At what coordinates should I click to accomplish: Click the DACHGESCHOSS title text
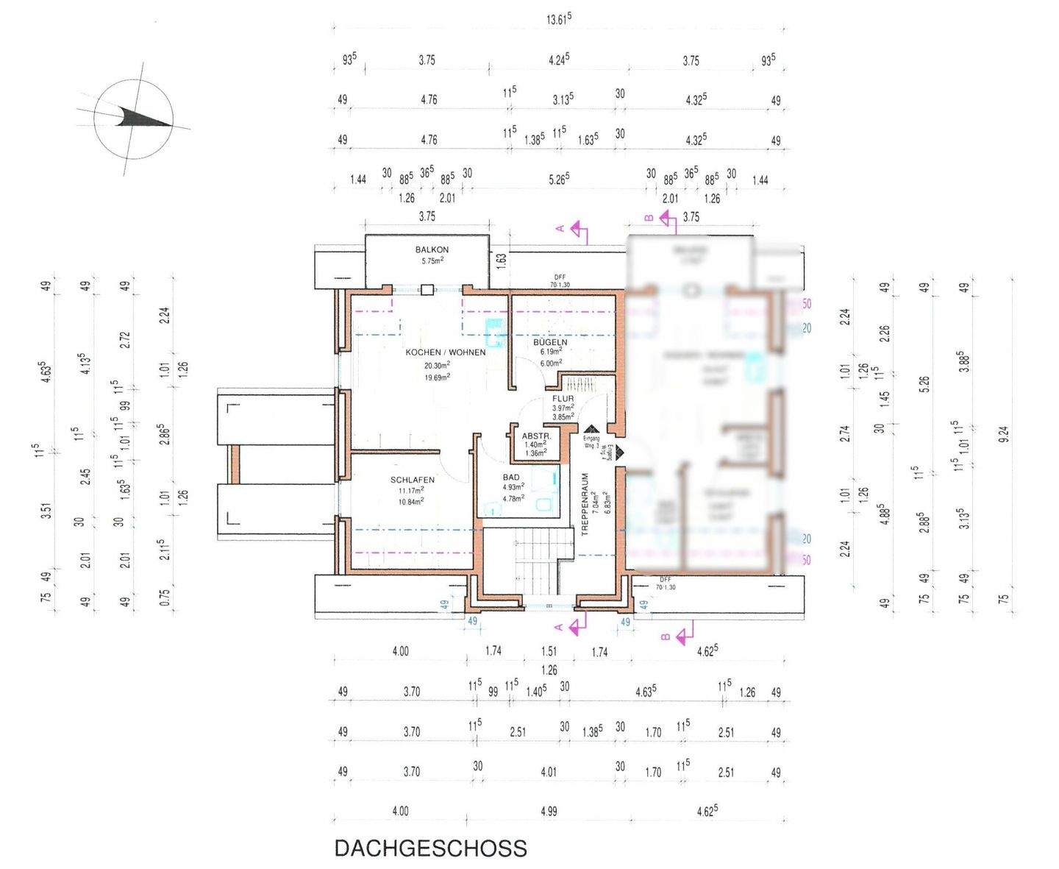pyautogui.click(x=430, y=848)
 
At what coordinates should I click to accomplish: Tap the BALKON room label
pyautogui.click(x=432, y=250)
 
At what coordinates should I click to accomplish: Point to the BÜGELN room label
pyautogui.click(x=551, y=343)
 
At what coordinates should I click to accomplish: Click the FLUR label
pyautogui.click(x=563, y=399)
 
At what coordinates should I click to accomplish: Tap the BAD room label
pyautogui.click(x=511, y=478)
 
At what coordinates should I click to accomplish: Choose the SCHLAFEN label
pyautogui.click(x=412, y=480)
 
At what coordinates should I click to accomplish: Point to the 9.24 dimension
pyautogui.click(x=1004, y=434)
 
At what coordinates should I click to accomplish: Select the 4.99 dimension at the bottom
pyautogui.click(x=548, y=812)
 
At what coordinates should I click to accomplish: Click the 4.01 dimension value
pyautogui.click(x=548, y=772)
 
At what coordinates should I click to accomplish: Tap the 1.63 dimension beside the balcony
pyautogui.click(x=502, y=259)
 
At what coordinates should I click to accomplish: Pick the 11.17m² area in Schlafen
pyautogui.click(x=411, y=491)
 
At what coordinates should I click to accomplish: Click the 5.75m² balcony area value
pyautogui.click(x=432, y=261)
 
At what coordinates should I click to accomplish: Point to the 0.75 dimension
pyautogui.click(x=165, y=596)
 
